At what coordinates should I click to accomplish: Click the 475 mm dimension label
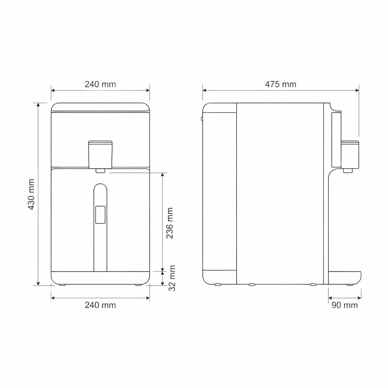280,84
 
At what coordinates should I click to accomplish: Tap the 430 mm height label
31,194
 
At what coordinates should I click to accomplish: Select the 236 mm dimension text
170,223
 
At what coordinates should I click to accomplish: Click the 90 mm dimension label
344,305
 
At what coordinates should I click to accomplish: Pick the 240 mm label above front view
100,84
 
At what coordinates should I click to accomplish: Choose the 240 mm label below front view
100,305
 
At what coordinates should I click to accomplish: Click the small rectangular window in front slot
100,214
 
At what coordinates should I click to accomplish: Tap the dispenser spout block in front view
100,154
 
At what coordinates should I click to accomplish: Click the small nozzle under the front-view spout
100,171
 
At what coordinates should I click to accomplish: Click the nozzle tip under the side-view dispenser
348,170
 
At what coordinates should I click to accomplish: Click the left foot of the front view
63,285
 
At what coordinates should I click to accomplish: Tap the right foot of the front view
138,285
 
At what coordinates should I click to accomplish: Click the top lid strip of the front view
100,107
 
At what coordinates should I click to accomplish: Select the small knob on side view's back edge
202,119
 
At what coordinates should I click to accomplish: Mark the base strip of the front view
100,278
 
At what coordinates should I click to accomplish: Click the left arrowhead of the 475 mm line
204,90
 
